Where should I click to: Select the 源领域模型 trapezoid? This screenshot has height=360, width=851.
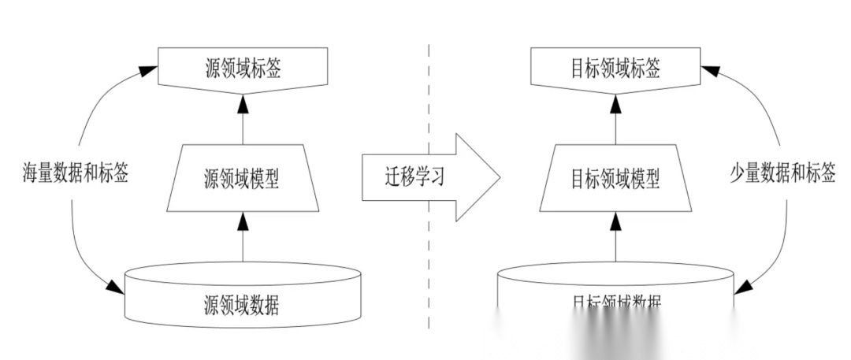(243, 178)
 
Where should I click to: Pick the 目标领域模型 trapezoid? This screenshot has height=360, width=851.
(615, 178)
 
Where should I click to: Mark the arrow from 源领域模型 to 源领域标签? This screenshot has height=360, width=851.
(243, 118)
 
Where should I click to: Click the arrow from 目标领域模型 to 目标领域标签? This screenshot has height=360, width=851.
(615, 118)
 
